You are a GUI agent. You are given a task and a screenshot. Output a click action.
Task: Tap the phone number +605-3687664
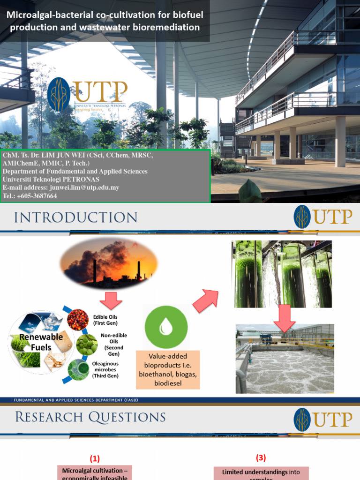37,196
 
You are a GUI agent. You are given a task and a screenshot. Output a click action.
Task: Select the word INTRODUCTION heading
76,217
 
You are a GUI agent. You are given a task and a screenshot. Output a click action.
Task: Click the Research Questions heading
90,417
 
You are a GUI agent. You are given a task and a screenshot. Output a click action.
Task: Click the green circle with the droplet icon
166,327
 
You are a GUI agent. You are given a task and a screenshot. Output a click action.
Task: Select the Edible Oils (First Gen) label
106,320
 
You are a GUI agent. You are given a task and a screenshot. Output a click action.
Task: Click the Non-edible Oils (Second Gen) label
111,345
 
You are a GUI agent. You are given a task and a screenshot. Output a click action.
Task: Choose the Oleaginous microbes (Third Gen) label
105,370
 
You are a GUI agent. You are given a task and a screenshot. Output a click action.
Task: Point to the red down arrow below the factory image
111,300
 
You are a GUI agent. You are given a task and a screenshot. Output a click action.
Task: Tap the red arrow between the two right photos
285,317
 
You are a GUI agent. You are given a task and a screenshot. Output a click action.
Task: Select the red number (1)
95,459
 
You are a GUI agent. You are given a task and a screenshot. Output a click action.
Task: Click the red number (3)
261,457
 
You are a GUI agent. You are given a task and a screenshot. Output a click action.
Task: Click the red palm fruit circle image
78,320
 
